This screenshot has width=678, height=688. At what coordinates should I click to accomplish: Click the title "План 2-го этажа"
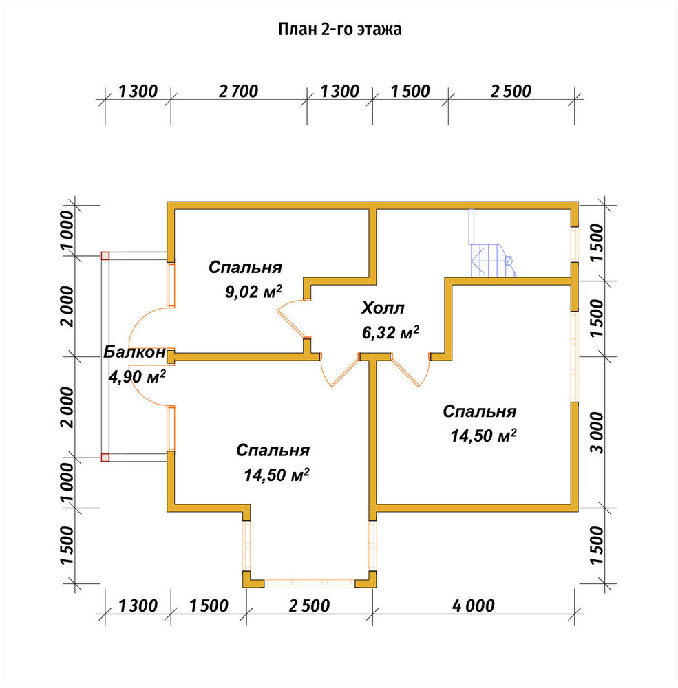click(x=340, y=29)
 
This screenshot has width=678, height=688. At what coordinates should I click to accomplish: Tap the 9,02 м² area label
click(x=253, y=291)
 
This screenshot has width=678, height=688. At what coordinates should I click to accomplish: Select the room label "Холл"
click(x=383, y=308)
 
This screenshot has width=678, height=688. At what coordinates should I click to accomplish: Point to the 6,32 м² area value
click(x=390, y=332)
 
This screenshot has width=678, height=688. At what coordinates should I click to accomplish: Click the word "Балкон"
click(x=135, y=352)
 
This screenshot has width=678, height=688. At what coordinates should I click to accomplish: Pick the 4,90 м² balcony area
click(x=137, y=376)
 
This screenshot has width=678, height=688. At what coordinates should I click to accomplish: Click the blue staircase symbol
click(x=492, y=244)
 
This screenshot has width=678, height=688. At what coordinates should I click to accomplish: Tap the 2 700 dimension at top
click(x=238, y=92)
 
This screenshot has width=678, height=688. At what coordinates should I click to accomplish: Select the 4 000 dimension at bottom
click(x=474, y=605)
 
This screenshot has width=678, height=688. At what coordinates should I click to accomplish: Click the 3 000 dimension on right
click(x=597, y=432)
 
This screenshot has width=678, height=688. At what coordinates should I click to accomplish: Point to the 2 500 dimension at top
click(x=511, y=92)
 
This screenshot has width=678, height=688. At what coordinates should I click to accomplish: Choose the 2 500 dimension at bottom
click(x=309, y=605)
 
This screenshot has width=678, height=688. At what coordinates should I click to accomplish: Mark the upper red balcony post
click(x=105, y=256)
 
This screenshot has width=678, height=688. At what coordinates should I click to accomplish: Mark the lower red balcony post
click(x=105, y=458)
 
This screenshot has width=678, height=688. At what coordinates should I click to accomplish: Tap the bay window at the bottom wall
click(x=310, y=583)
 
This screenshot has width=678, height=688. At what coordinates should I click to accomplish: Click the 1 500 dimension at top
click(x=410, y=92)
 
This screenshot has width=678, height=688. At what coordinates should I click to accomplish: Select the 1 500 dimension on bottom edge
click(x=209, y=605)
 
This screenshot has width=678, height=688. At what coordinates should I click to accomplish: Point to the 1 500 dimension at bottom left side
click(x=67, y=546)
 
